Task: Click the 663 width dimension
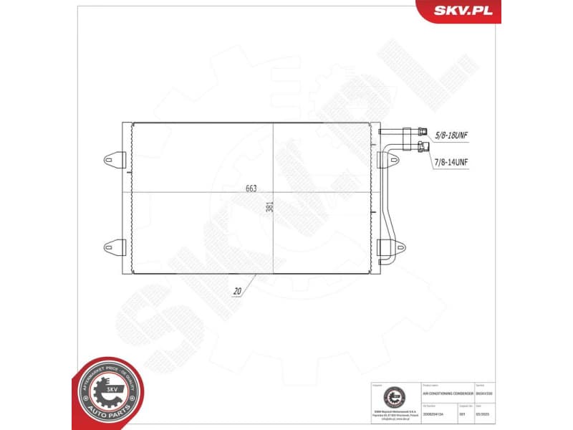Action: [x=251, y=188]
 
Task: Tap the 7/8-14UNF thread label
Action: [x=451, y=163]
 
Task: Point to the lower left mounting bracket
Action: [x=115, y=247]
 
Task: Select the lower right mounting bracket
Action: [x=383, y=247]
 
